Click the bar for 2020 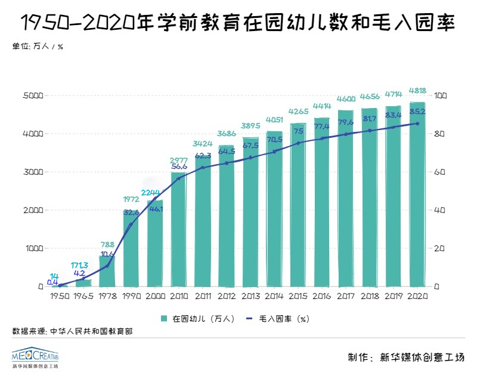coord(417,194)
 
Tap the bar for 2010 coord(178,230)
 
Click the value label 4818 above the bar coord(417,91)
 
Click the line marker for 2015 coord(298,143)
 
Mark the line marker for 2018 coord(370,131)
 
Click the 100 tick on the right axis coord(442,95)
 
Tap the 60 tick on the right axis coord(441,172)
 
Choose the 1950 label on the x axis coord(60,296)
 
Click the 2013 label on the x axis coord(250,296)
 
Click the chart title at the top coord(238,23)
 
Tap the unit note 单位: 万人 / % coord(38,47)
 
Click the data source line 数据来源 coord(72,330)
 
